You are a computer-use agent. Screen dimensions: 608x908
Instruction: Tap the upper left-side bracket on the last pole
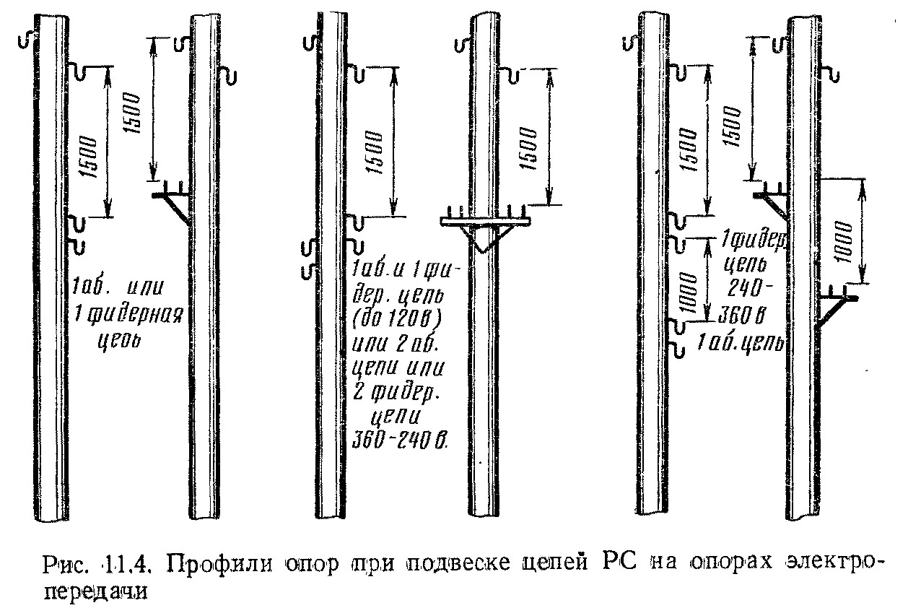[773, 199]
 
